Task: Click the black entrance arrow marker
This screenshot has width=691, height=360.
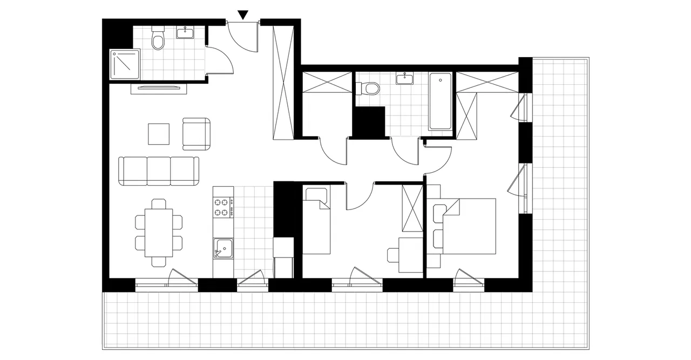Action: (243, 15)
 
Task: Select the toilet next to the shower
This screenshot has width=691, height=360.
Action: (158, 39)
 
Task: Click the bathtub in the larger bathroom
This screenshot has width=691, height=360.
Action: (441, 101)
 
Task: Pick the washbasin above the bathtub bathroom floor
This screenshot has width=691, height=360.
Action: (405, 79)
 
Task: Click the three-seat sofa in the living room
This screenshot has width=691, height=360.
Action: (159, 171)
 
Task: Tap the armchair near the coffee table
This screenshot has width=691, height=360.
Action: (196, 134)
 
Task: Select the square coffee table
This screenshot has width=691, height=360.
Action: (159, 134)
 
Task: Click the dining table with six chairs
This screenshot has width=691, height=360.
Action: (159, 233)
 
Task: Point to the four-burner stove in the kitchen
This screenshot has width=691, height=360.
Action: (223, 208)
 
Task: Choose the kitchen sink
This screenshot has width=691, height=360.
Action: (222, 249)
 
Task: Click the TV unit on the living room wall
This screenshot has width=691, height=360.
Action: (158, 89)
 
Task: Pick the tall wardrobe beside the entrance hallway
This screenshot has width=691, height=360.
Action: (283, 81)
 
